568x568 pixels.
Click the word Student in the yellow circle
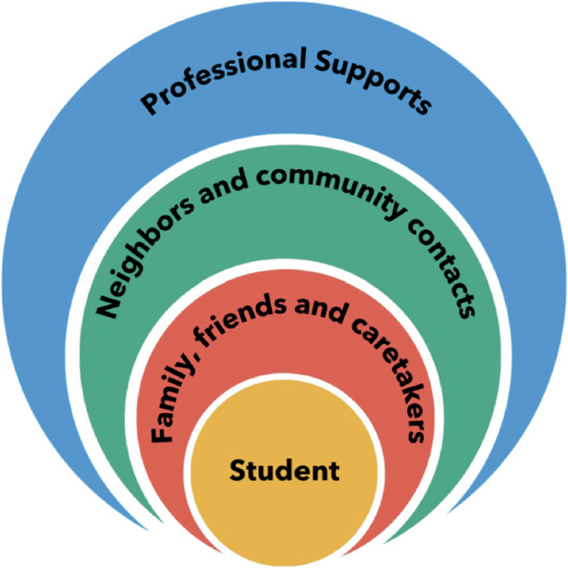(284, 471)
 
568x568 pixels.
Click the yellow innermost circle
(284, 506)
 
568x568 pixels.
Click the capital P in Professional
(149, 104)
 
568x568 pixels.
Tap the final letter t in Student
(334, 471)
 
